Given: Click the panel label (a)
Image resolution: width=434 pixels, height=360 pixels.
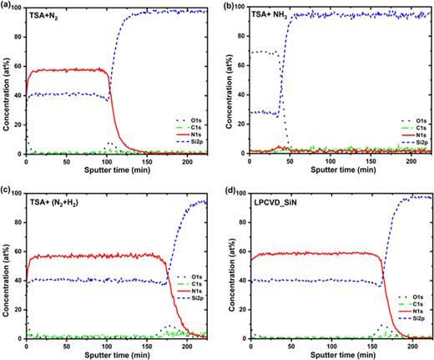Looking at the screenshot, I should [7, 5].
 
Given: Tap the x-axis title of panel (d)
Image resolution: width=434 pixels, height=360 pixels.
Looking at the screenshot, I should [327, 355].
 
